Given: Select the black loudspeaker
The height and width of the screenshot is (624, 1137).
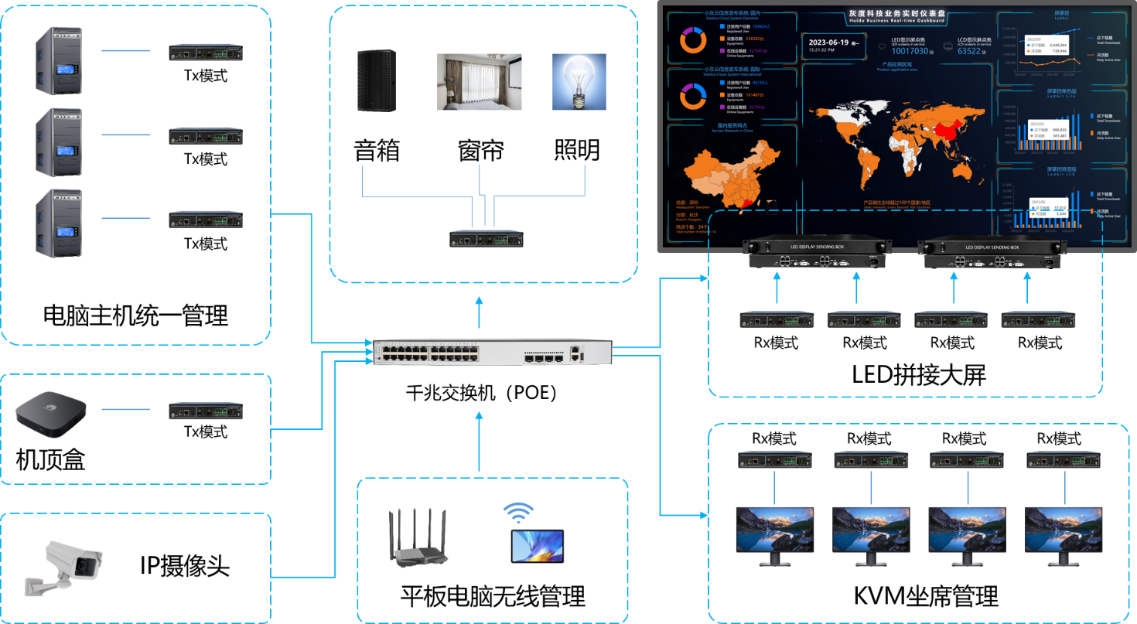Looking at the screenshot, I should pyautogui.click(x=376, y=80).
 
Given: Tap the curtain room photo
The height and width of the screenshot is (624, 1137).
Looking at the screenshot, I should pyautogui.click(x=479, y=81).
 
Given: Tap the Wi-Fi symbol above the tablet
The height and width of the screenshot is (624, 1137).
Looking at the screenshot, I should pyautogui.click(x=518, y=512).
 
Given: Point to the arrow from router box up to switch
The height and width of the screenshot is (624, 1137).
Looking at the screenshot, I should pyautogui.click(x=479, y=441).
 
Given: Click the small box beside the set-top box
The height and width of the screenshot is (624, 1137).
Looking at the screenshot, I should pyautogui.click(x=206, y=411).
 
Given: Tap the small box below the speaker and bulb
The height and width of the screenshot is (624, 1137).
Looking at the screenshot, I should pyautogui.click(x=487, y=238).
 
